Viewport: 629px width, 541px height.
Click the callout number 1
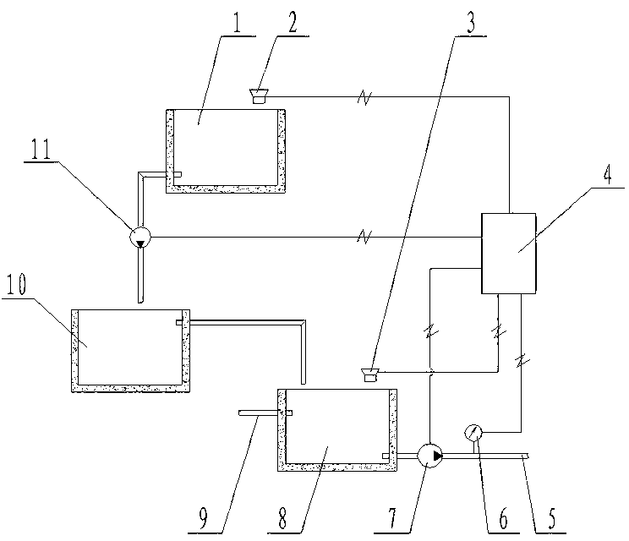(x=238, y=23)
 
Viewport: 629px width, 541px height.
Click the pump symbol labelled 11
(x=140, y=238)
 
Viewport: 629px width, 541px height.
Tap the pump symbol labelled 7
(x=430, y=456)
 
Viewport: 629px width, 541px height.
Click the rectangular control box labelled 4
(x=506, y=253)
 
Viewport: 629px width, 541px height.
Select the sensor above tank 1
(x=259, y=96)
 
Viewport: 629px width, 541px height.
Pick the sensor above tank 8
(x=369, y=373)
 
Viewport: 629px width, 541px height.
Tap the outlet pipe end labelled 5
(x=525, y=456)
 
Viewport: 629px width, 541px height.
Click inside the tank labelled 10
(x=127, y=347)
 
